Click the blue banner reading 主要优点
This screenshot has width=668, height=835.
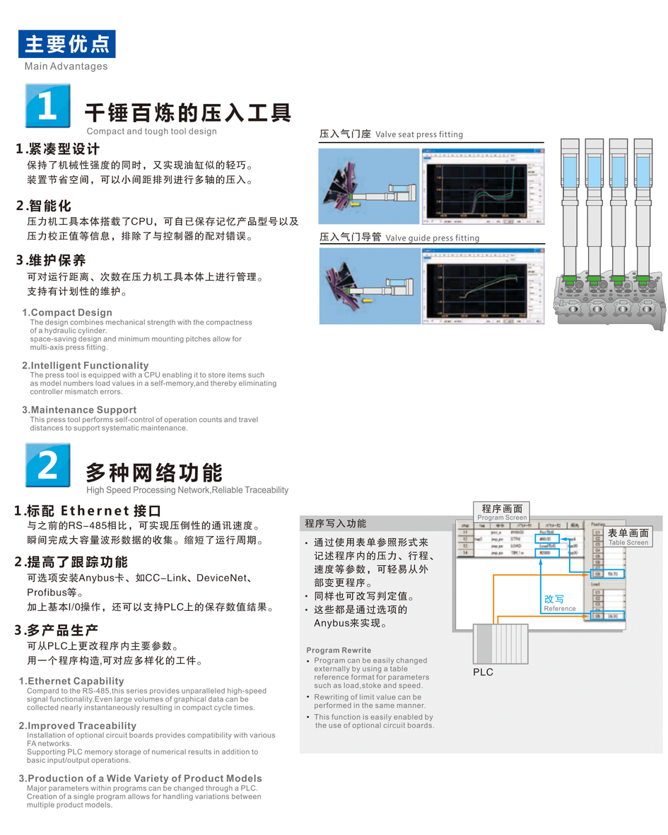coord(67,44)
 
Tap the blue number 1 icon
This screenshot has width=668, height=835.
coord(47,106)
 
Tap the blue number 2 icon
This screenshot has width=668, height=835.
coord(47,465)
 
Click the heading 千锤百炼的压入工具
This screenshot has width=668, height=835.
coord(187,112)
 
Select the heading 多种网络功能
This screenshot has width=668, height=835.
coord(153,472)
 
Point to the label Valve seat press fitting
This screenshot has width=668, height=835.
coord(419,134)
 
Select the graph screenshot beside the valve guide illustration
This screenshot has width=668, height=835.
coord(483,286)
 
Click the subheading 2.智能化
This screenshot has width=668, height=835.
coord(44,206)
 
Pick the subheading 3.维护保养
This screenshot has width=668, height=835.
coord(51,260)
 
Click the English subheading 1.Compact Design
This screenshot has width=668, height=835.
coord(67,313)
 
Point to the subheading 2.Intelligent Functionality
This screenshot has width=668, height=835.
coord(86,366)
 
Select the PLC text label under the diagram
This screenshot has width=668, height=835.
coord(483,672)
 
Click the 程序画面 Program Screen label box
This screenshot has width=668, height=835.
coord(501,512)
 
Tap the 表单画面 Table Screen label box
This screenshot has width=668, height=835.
coord(628,537)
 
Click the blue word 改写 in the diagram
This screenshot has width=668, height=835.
coord(554,599)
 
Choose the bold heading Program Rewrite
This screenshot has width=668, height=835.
coord(339,650)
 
